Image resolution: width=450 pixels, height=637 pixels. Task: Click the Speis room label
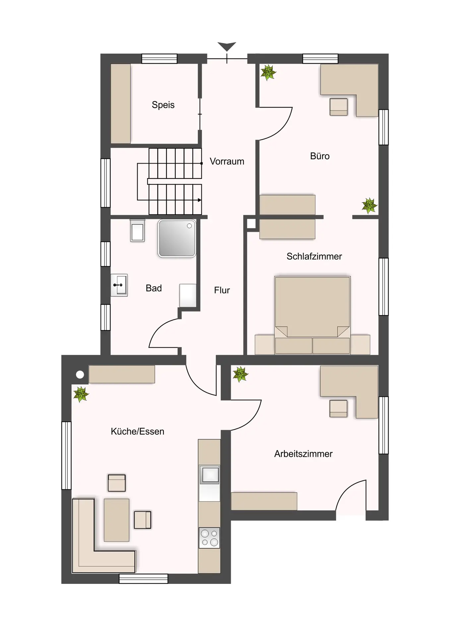pyautogui.click(x=163, y=105)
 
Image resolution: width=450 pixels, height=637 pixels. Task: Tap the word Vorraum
pyautogui.click(x=227, y=161)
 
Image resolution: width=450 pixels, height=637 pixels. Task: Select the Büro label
pyautogui.click(x=320, y=156)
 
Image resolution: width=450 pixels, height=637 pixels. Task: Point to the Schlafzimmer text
pyautogui.click(x=314, y=256)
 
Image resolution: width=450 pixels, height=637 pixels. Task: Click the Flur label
pyautogui.click(x=222, y=290)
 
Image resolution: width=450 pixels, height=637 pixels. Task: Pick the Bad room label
pyautogui.click(x=154, y=288)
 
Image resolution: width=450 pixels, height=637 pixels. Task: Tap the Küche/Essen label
pyautogui.click(x=137, y=431)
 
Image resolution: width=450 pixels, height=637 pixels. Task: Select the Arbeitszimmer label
pyautogui.click(x=303, y=454)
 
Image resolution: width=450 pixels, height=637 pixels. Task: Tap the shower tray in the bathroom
pyautogui.click(x=177, y=238)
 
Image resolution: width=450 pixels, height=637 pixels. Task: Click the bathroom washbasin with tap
pyautogui.click(x=119, y=285)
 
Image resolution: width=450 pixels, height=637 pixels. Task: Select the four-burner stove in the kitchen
pyautogui.click(x=209, y=538)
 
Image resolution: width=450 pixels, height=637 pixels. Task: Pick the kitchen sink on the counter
pyautogui.click(x=209, y=474)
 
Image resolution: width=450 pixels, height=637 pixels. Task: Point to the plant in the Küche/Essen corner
pyautogui.click(x=81, y=394)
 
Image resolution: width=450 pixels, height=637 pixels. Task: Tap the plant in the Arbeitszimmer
pyautogui.click(x=240, y=374)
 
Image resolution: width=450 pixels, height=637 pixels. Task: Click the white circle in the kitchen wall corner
pyautogui.click(x=80, y=375)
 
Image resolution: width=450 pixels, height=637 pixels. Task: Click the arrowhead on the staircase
pyautogui.click(x=199, y=200)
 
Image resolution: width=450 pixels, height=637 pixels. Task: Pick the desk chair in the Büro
pyautogui.click(x=339, y=107)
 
